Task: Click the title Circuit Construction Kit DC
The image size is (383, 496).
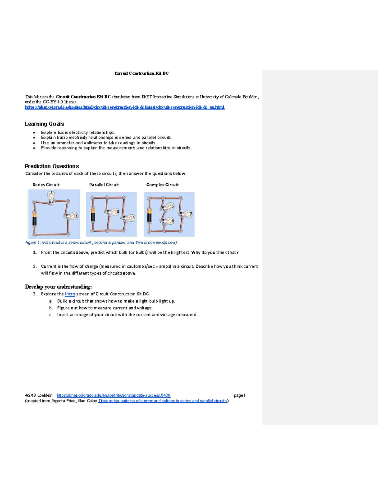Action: click(141, 73)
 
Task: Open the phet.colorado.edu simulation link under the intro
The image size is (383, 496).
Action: click(124, 107)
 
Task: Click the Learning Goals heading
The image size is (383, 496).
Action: click(44, 124)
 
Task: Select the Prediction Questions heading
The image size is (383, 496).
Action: click(52, 166)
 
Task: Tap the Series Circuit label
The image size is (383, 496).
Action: click(46, 185)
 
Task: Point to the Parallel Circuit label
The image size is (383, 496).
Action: click(104, 185)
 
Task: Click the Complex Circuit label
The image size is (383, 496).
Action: click(162, 185)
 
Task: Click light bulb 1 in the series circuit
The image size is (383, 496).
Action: click(51, 195)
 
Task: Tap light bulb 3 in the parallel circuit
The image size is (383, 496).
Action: click(113, 212)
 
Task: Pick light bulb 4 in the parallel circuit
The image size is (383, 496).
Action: click(129, 218)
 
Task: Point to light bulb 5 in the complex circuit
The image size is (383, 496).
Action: click(168, 207)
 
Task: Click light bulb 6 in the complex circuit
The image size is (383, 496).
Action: click(168, 221)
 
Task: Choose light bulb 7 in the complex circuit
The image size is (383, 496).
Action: click(186, 214)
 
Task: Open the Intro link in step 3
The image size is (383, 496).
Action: click(70, 294)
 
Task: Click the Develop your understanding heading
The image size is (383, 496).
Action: click(58, 287)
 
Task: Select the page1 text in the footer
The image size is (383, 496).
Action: click(239, 395)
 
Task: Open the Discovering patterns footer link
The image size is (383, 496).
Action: click(163, 401)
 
